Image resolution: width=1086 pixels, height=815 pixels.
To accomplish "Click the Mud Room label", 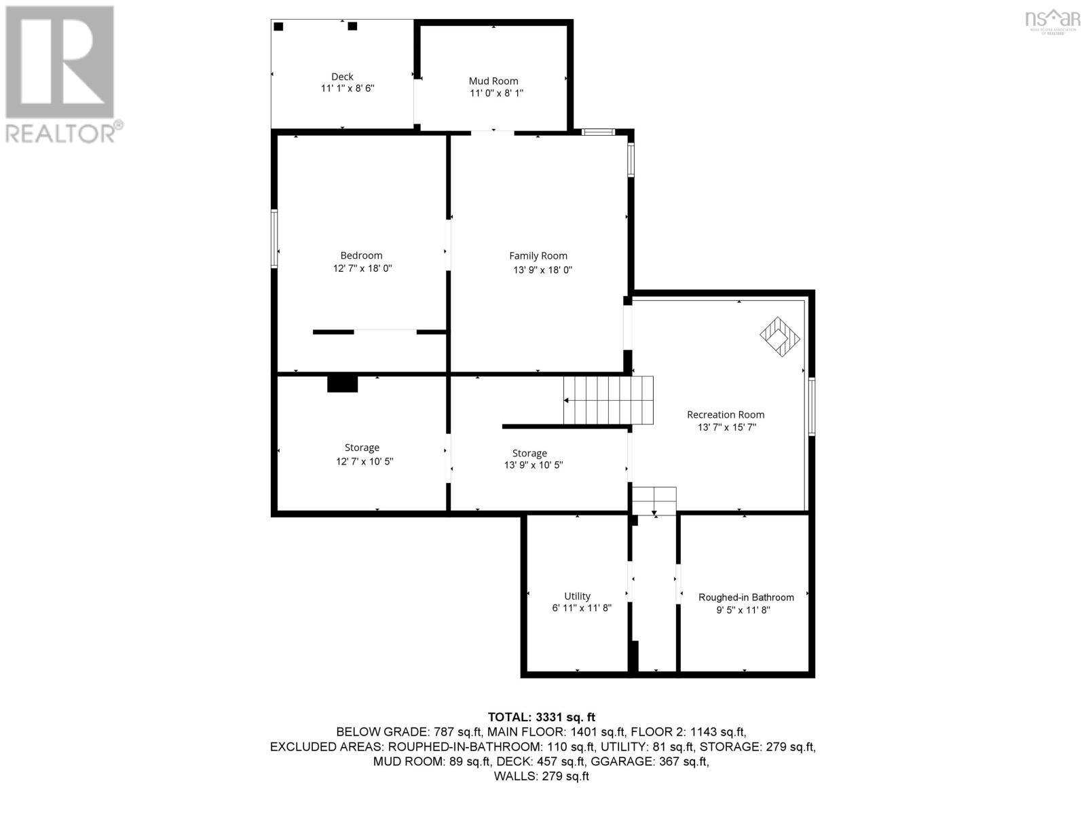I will [493, 81].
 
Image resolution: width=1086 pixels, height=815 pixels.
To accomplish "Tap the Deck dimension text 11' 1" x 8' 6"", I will [348, 88].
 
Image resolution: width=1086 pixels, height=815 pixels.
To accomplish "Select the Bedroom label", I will [361, 255].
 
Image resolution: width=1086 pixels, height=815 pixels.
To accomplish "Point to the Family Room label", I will [538, 256].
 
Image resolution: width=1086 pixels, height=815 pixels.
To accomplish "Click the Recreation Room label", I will [726, 414].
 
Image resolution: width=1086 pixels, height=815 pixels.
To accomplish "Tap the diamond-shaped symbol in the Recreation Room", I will [780, 336].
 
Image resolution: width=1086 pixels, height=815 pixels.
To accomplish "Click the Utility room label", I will [578, 596].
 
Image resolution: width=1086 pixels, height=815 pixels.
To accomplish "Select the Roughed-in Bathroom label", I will [746, 597].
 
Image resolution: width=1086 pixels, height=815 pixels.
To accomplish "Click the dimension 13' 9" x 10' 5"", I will [533, 465].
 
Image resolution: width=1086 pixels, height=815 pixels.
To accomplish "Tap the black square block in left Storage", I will [342, 384].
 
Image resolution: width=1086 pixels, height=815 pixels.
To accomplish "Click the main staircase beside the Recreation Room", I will [609, 401].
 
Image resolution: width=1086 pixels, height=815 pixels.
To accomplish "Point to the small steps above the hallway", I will [654, 501].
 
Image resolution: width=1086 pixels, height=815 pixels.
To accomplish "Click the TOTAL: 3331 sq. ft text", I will [542, 717].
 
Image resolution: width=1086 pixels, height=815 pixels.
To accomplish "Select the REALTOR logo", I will [61, 75].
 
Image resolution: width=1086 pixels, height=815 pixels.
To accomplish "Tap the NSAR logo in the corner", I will [1053, 20].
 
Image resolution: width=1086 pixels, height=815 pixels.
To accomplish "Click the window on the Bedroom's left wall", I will [275, 238].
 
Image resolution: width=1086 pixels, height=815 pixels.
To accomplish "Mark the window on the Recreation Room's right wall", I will [812, 406].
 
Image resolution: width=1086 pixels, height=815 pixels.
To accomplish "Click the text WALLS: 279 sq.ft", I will [542, 776].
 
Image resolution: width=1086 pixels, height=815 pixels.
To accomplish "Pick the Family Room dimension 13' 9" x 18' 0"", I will [542, 270].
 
